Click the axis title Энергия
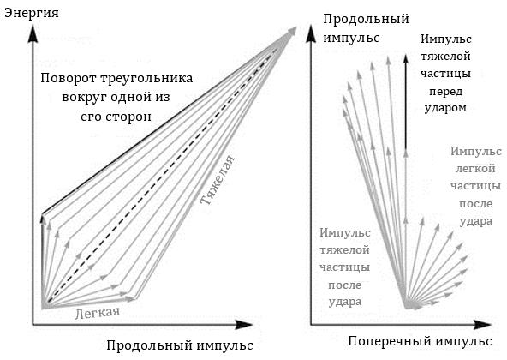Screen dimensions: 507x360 click(x=32, y=13)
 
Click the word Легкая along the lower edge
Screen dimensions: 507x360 click(x=97, y=313)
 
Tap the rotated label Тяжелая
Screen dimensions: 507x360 click(x=217, y=180)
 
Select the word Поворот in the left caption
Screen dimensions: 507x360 click(x=68, y=78)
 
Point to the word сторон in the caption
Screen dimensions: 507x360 click(x=133, y=117)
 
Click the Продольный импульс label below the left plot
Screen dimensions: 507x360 click(x=180, y=345)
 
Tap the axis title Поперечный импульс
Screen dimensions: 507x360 click(x=420, y=341)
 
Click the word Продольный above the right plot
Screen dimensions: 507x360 click(x=366, y=19)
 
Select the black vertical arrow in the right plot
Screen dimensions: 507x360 click(x=405, y=103)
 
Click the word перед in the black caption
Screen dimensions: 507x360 click(x=445, y=92)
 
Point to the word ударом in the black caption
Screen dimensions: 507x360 click(x=445, y=108)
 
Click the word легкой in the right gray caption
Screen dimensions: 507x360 click(x=475, y=169)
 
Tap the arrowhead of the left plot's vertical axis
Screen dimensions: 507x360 click(x=33, y=33)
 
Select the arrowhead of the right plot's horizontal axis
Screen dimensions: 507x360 click(x=482, y=324)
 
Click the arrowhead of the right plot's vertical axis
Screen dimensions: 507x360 click(x=311, y=33)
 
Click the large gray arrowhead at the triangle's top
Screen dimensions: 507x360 click(x=289, y=34)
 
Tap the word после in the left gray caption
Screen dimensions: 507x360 click(x=344, y=285)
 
